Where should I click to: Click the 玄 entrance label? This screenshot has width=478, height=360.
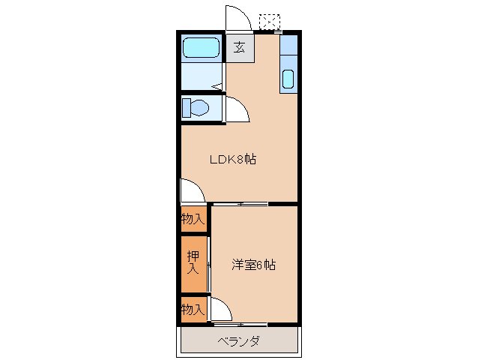[x=240, y=47]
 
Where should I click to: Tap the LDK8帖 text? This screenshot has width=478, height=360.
[x=232, y=159]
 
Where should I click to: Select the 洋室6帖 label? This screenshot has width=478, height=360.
[x=252, y=265]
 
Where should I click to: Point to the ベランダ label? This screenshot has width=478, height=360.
[x=239, y=342]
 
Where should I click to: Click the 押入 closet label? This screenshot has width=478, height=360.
[x=193, y=262]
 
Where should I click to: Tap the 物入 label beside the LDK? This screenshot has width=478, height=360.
[x=193, y=219]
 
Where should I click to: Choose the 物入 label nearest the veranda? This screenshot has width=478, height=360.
[x=193, y=309]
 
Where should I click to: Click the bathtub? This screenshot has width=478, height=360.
[x=201, y=49]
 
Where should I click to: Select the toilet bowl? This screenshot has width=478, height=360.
[x=197, y=108]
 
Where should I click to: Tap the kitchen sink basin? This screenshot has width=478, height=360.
[x=288, y=79]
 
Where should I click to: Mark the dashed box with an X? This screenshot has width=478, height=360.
[x=268, y=21]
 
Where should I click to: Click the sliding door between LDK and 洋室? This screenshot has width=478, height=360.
[x=240, y=203]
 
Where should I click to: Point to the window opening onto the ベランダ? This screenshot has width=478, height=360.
[x=240, y=325]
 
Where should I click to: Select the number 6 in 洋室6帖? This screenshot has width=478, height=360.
[x=260, y=265]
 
